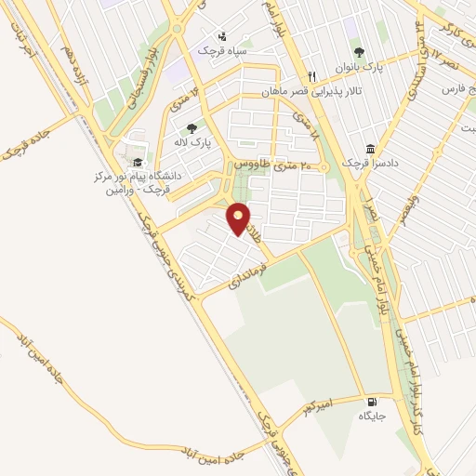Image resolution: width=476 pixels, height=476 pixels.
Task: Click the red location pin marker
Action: pyautogui.click(x=240, y=218)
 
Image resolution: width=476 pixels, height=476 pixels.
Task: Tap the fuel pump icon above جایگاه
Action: pyautogui.click(x=372, y=400)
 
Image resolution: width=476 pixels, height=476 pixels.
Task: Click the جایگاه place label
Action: pyautogui.click(x=372, y=416)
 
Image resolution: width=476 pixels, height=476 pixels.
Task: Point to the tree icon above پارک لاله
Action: pyautogui.click(x=192, y=128)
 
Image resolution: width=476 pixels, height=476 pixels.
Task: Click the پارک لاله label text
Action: pyautogui.click(x=196, y=143)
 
